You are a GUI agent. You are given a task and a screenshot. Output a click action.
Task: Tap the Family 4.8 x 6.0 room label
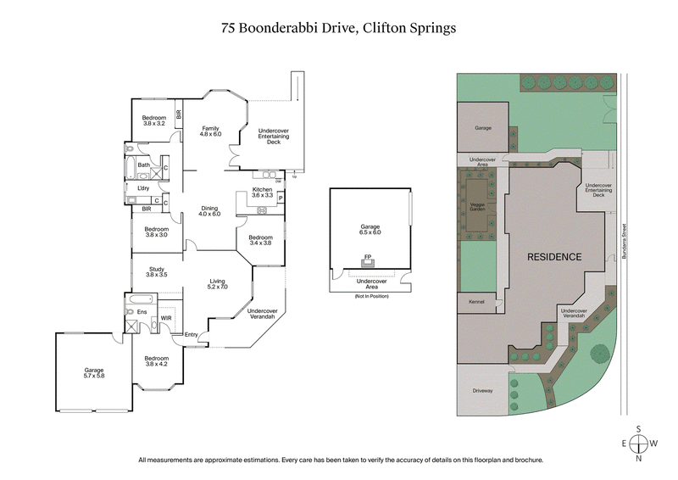pyautogui.click(x=210, y=131)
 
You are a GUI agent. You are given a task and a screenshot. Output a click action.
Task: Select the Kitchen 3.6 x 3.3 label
pyautogui.click(x=262, y=192)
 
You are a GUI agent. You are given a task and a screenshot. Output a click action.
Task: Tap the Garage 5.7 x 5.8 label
pyautogui.click(x=93, y=372)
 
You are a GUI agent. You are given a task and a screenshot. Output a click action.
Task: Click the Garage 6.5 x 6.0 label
pyautogui.click(x=370, y=229)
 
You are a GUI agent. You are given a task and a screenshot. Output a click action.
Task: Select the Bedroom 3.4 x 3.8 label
pyautogui.click(x=261, y=241)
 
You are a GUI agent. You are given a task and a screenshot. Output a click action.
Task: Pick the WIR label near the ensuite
pyautogui.click(x=167, y=318)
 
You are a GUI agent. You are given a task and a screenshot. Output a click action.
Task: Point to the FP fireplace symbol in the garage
pyautogui.click(x=368, y=256)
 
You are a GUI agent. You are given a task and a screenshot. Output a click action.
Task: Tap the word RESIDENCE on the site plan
pyautogui.click(x=555, y=257)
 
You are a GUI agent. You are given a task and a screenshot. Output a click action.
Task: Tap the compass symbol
pyautogui.click(x=641, y=443)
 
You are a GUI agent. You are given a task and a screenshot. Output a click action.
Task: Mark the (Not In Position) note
pyautogui.click(x=370, y=294)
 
